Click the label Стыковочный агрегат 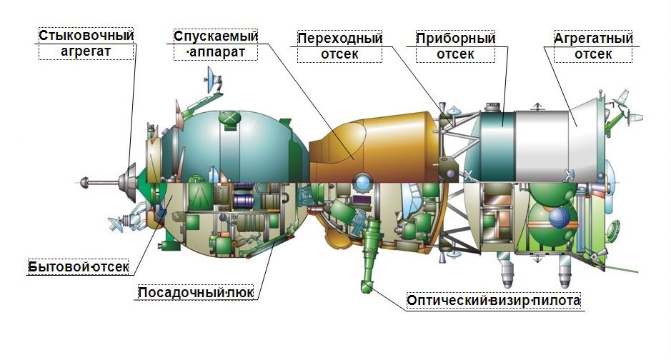click(x=86, y=43)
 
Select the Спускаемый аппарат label click(x=216, y=44)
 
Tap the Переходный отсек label click(x=339, y=46)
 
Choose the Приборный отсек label click(x=455, y=46)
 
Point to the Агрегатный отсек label click(x=593, y=46)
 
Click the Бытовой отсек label click(x=79, y=267)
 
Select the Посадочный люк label click(x=196, y=292)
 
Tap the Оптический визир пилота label click(x=493, y=300)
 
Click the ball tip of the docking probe click(x=84, y=182)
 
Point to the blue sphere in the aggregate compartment click(x=560, y=218)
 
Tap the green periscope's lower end click(x=366, y=286)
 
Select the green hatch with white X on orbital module click(x=229, y=118)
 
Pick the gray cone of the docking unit click(x=129, y=183)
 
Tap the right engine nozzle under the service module click(x=565, y=270)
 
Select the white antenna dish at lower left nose click(x=115, y=224)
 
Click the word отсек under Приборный click(x=455, y=54)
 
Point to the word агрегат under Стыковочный click(x=86, y=51)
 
